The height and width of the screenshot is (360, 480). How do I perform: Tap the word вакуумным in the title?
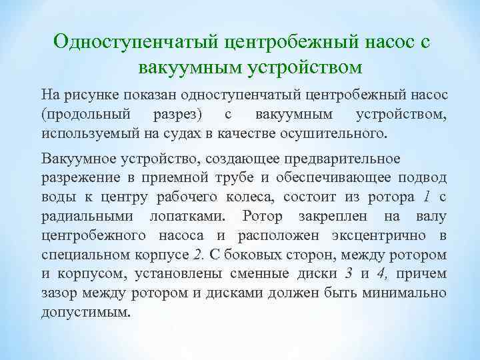190,67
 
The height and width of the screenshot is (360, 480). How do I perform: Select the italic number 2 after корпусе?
197,255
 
